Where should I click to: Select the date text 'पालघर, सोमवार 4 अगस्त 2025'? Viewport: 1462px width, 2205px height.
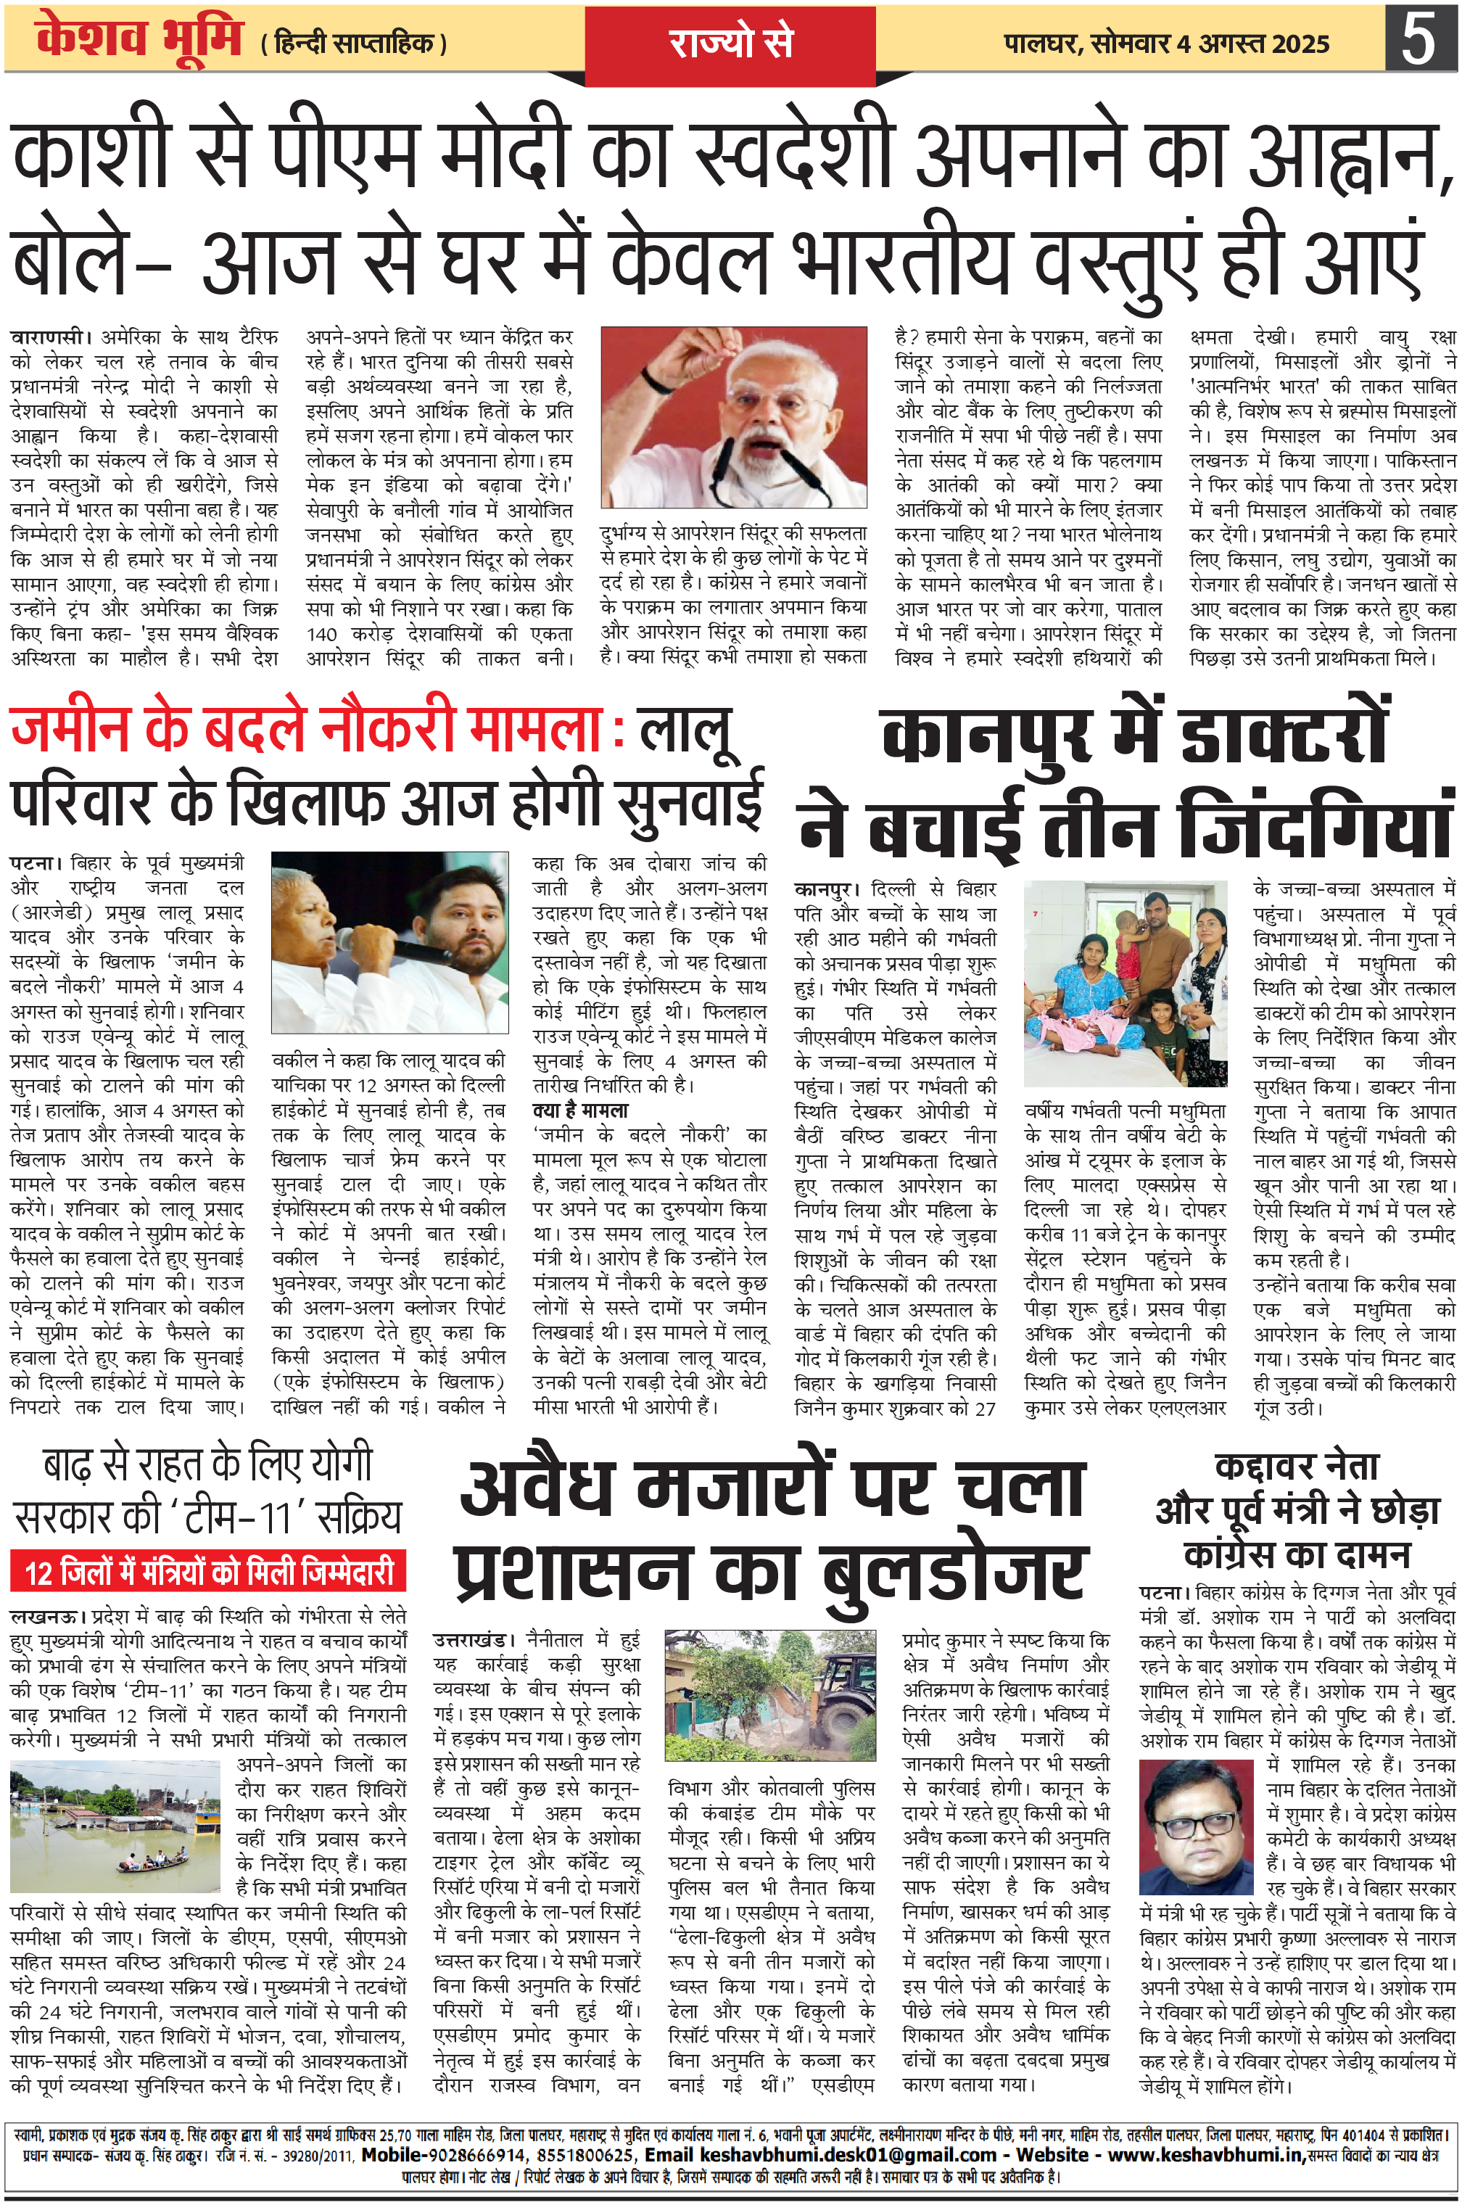tap(1166, 44)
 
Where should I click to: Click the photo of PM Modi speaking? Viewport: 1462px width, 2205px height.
tap(734, 417)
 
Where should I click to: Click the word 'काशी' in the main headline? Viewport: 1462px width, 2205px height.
tap(91, 154)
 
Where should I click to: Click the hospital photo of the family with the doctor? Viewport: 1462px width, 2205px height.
tap(1127, 983)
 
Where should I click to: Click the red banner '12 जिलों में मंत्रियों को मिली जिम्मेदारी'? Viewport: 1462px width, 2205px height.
tap(208, 1573)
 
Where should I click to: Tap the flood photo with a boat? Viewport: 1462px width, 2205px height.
tap(115, 1821)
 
